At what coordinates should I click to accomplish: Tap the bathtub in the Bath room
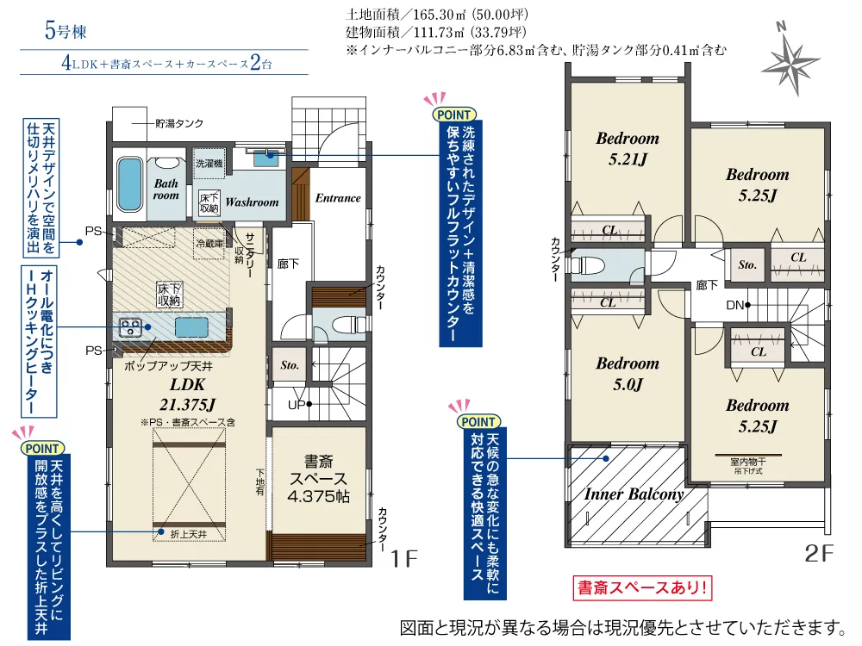click(x=130, y=183)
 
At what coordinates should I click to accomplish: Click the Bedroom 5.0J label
click(x=627, y=373)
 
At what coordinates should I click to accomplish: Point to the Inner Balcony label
click(x=634, y=494)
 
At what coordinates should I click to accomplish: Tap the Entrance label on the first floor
click(x=337, y=198)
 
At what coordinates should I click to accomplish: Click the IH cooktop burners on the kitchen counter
click(x=131, y=326)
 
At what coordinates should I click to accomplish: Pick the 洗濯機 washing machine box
click(x=209, y=162)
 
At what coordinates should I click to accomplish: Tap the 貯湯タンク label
click(x=179, y=123)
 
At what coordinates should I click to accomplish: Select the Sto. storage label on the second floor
click(x=747, y=264)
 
